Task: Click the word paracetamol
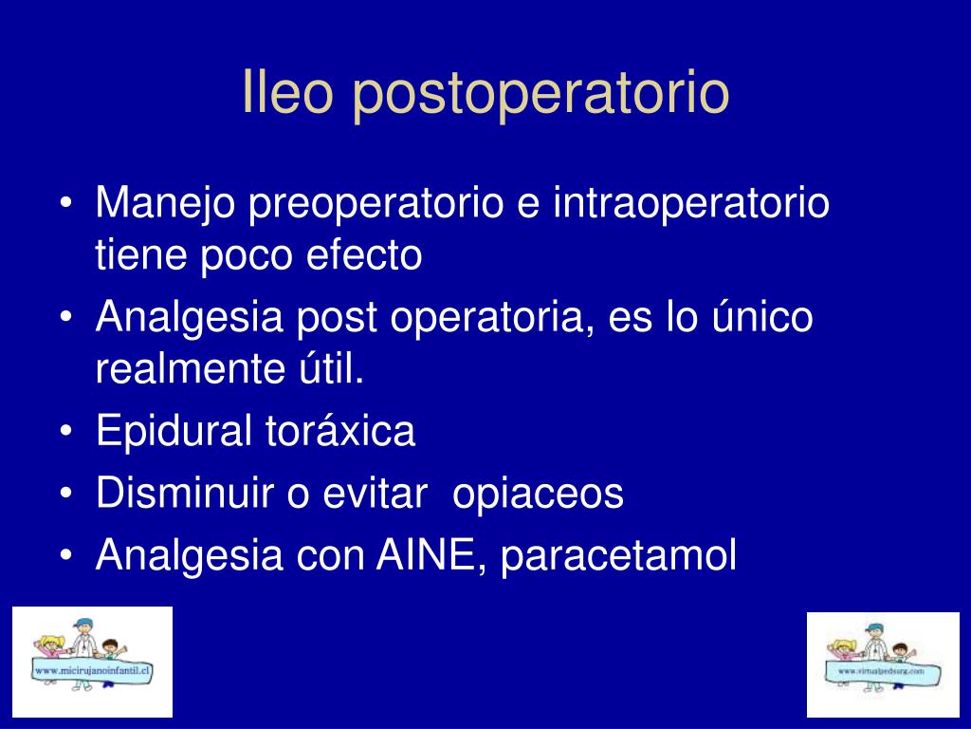618,556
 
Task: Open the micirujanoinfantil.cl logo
92,662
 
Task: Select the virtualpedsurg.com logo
883,664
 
